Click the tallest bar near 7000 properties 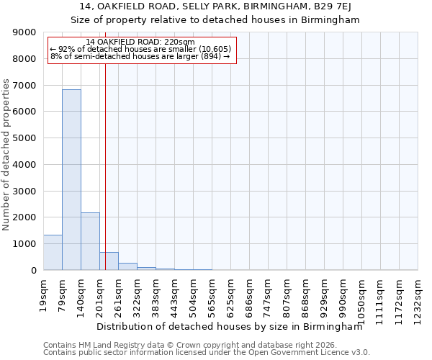point(71,180)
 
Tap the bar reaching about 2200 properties point(90,241)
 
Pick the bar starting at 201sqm point(109,261)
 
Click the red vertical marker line point(105,158)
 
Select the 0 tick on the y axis point(33,271)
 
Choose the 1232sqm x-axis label point(418,294)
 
